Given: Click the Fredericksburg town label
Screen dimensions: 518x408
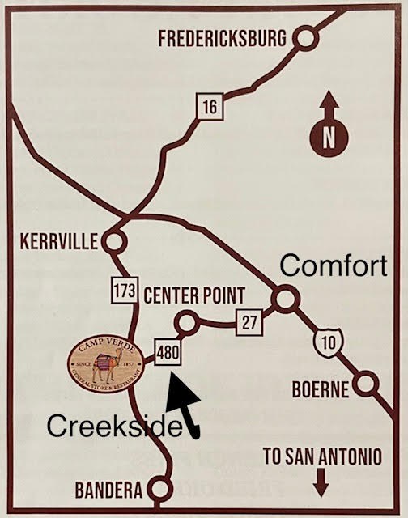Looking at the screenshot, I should [222, 38].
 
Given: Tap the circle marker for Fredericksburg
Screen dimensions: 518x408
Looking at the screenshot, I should [304, 37].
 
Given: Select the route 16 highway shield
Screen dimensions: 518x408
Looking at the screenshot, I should [209, 106].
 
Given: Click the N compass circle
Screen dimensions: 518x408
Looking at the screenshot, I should [328, 138].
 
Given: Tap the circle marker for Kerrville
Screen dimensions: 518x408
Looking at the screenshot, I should [114, 241].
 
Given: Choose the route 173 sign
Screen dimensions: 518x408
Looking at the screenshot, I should [124, 291].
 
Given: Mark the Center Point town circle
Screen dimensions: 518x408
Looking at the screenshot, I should [187, 322].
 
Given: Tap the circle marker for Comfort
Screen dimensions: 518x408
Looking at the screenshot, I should [283, 299].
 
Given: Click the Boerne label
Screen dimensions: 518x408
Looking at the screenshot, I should [321, 390].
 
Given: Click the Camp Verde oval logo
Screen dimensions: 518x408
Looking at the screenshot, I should [106, 365].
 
